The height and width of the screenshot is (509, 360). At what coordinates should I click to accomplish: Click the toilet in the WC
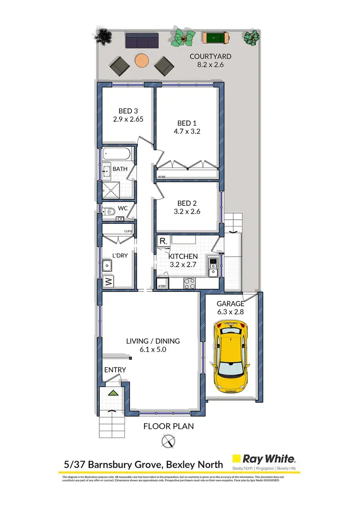109,210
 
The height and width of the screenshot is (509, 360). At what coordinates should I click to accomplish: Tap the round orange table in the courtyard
142,60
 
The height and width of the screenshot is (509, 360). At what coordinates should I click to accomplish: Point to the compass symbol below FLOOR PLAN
168,440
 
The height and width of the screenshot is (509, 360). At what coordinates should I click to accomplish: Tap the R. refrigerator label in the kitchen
164,241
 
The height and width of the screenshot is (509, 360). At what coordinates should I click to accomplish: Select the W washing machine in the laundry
108,281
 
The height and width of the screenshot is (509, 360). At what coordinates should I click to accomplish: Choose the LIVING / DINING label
153,341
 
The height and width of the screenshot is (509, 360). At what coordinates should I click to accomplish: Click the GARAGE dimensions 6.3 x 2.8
231,311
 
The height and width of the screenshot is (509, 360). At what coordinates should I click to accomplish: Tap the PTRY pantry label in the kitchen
162,286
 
